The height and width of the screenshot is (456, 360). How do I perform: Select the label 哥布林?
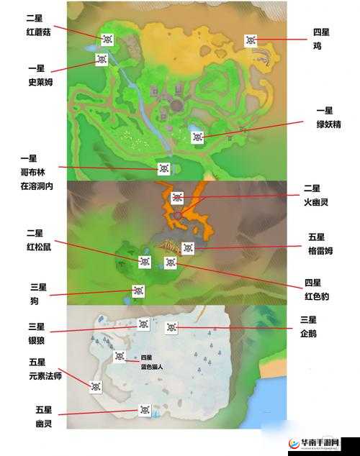point(29,172)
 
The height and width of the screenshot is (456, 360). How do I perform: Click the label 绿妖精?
point(325,124)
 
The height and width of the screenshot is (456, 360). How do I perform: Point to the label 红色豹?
point(317,296)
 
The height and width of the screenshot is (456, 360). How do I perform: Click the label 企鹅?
point(309,334)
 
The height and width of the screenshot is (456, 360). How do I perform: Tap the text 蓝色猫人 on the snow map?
point(152,366)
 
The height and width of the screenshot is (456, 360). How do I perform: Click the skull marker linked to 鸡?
point(251,40)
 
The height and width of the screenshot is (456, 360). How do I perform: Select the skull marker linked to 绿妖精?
point(197,136)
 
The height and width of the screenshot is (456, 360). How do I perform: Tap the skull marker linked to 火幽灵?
point(178,198)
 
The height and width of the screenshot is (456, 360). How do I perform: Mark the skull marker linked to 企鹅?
point(171,327)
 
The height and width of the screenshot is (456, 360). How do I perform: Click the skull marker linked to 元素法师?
point(95,386)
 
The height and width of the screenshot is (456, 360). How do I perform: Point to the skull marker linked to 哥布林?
point(163,168)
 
